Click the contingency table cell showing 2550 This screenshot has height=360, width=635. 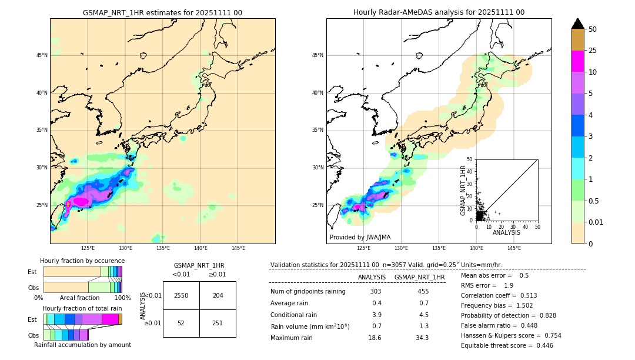tap(181, 295)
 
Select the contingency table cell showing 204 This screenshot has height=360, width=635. tap(218, 295)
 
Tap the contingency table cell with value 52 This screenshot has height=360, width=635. tap(181, 323)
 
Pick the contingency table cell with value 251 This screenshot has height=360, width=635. tap(218, 323)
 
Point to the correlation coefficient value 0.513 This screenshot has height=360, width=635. tap(525, 296)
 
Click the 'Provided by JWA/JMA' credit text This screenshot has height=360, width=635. tap(360, 238)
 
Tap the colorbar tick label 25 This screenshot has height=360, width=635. tap(593, 51)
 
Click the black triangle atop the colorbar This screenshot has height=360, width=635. tap(578, 24)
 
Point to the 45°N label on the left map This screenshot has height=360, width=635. tap(42, 55)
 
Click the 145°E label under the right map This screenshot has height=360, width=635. tap(514, 249)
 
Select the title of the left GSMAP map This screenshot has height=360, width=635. tap(162, 12)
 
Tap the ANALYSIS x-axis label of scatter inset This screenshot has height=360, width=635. tap(506, 232)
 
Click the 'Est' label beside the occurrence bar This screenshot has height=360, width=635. tap(33, 272)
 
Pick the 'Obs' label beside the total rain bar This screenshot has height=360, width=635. tap(33, 335)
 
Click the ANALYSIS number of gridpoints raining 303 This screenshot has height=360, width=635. tap(376, 292)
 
